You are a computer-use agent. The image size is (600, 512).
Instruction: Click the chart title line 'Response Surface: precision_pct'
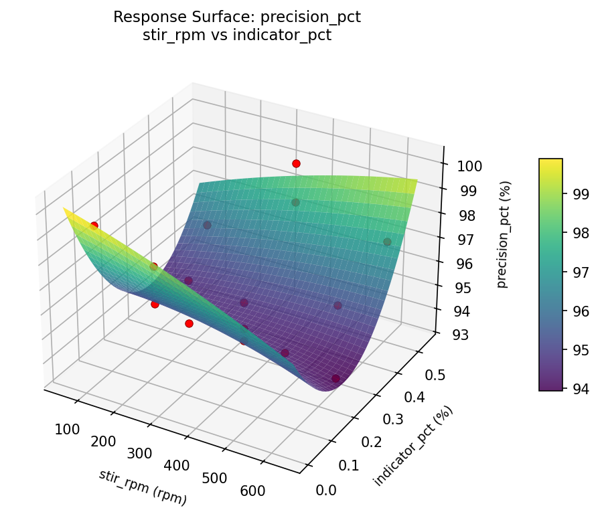(x=237, y=17)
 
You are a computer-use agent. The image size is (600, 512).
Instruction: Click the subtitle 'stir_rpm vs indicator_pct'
(x=237, y=35)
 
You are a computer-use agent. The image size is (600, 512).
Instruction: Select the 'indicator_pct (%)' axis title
(x=412, y=446)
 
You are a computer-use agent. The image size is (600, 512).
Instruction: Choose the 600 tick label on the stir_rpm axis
(x=252, y=491)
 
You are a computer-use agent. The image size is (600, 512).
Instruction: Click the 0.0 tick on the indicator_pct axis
(x=325, y=491)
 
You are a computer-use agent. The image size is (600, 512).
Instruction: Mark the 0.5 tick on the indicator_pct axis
(x=435, y=375)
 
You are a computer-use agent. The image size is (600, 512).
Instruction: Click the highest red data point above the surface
(x=296, y=163)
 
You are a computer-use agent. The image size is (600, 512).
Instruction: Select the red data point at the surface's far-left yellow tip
(x=94, y=226)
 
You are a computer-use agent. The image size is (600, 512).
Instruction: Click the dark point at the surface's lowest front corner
(x=335, y=379)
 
